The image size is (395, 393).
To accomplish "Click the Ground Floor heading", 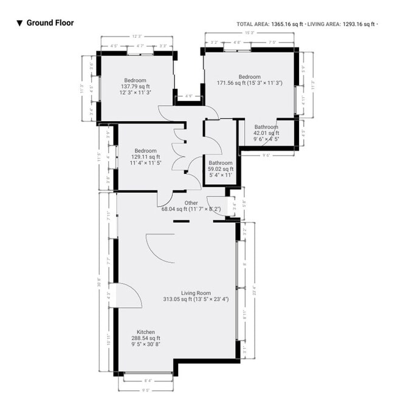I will pyautogui.click(x=50, y=23).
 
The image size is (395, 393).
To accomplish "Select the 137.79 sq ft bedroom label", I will pyautogui.click(x=135, y=87).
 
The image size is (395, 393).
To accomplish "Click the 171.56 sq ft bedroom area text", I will pyautogui.click(x=249, y=83).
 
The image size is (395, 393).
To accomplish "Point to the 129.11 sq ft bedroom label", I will pyautogui.click(x=145, y=157).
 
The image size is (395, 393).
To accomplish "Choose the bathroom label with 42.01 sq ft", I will pyautogui.click(x=266, y=133).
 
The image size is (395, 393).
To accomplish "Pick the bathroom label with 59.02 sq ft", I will pyautogui.click(x=220, y=169).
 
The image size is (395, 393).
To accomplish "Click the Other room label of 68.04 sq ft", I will pyautogui.click(x=191, y=206).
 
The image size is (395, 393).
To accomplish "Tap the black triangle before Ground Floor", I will pyautogui.click(x=19, y=23).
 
